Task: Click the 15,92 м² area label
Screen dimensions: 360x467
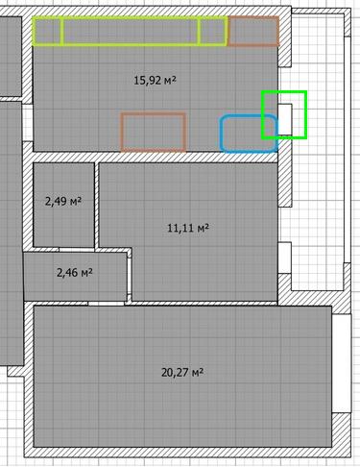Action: tap(155, 80)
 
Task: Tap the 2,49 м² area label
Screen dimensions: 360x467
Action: tap(63, 202)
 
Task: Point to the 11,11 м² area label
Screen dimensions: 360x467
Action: tap(188, 228)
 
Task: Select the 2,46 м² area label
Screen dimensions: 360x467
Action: tap(75, 273)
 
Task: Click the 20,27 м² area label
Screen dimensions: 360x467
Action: tap(182, 373)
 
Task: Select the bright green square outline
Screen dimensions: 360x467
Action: tap(284, 92)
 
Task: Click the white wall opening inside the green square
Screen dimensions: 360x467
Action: tap(285, 119)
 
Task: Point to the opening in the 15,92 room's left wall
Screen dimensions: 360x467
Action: tap(28, 122)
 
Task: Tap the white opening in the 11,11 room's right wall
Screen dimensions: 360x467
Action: tap(284, 258)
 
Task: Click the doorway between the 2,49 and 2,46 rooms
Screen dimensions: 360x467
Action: tap(76, 250)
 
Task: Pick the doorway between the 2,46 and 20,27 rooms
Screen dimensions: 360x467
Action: tap(106, 304)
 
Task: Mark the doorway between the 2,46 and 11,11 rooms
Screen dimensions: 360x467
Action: tap(130, 276)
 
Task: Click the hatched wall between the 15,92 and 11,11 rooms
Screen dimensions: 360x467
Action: tap(156, 157)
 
